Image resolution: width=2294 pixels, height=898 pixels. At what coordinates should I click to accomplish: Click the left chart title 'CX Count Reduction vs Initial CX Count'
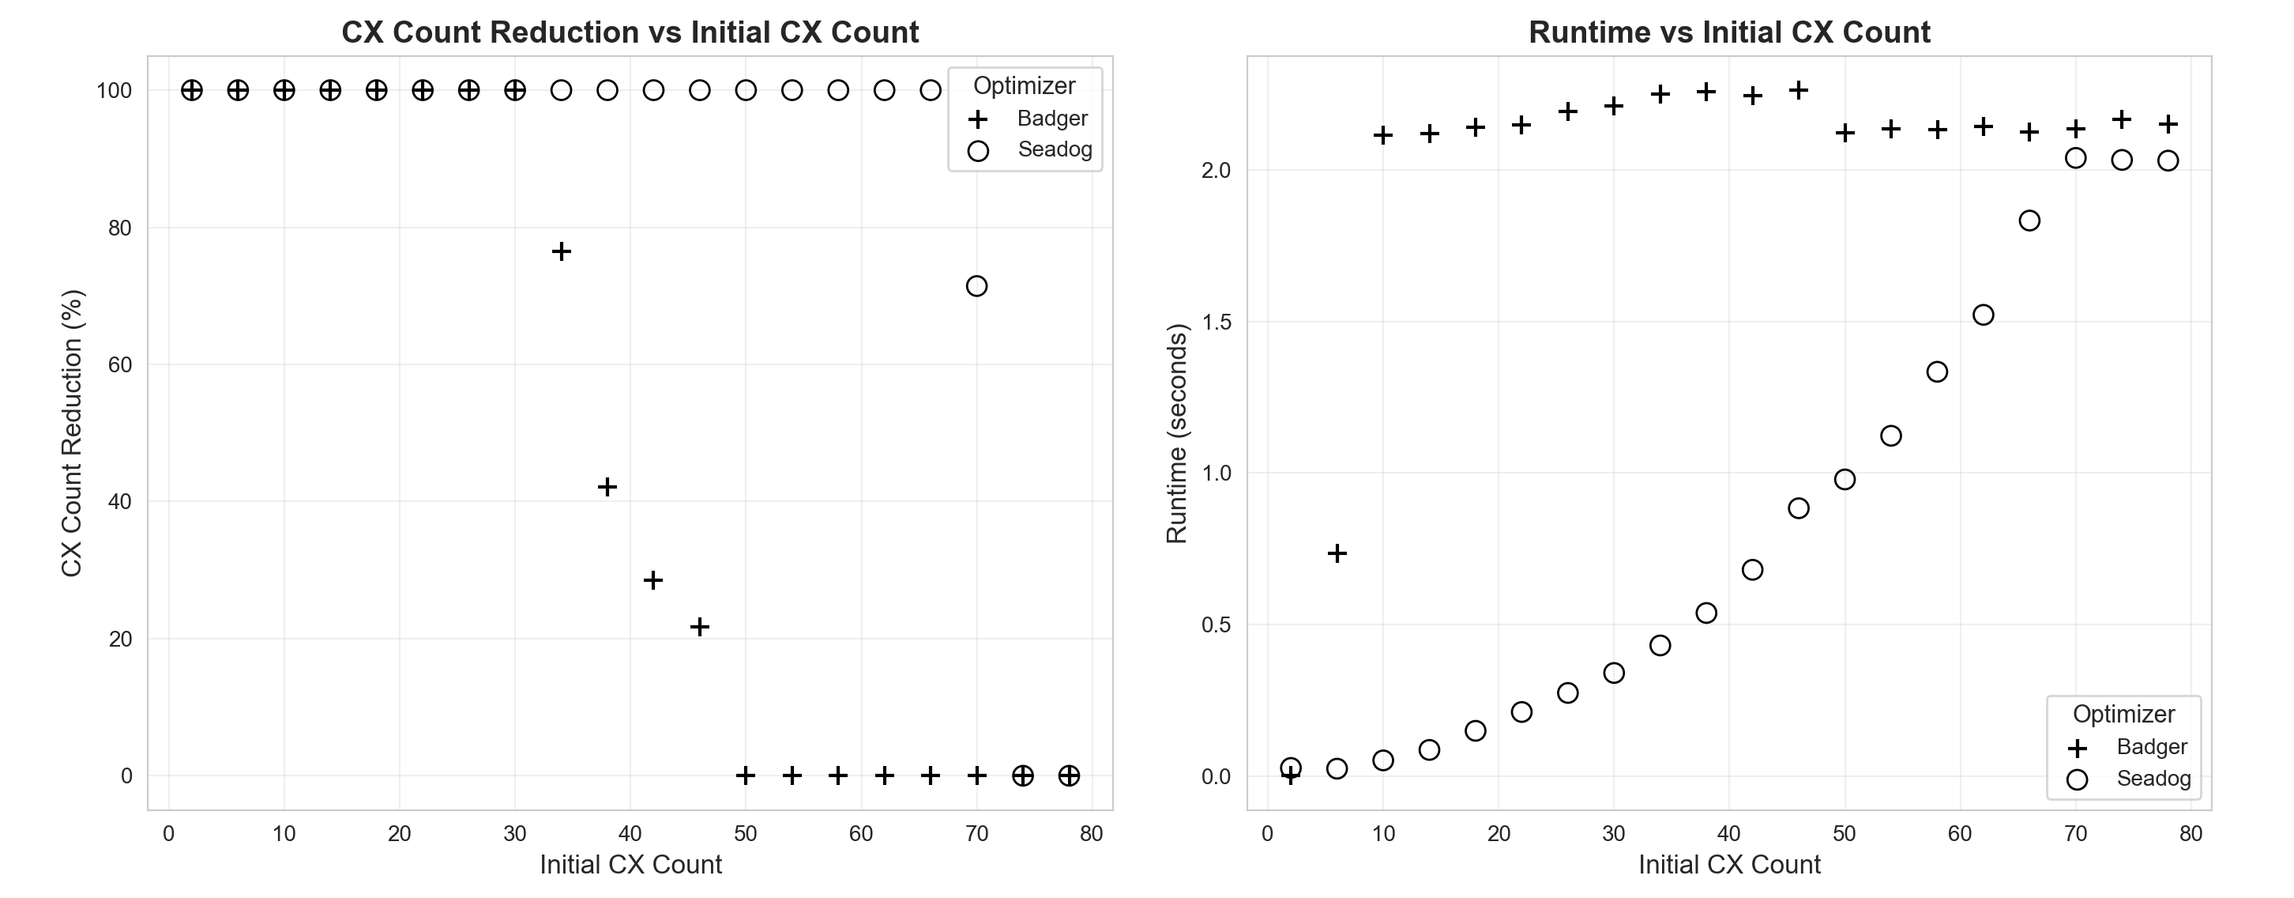point(630,33)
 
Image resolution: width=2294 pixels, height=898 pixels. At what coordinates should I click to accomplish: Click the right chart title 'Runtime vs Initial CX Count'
point(1728,33)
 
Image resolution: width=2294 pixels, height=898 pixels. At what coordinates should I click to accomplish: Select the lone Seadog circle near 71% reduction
point(976,286)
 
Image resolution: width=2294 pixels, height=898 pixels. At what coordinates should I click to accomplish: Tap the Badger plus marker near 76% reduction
point(561,251)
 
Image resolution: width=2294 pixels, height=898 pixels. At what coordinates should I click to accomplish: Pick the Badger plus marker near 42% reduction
point(607,487)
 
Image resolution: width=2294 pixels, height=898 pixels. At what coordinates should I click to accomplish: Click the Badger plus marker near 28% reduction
point(652,581)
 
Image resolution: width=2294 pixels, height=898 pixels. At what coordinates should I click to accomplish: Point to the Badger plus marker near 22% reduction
point(699,627)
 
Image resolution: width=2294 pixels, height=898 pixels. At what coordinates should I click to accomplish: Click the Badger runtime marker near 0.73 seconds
point(1337,554)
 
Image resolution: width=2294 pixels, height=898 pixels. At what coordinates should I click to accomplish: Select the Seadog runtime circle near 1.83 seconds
point(2029,221)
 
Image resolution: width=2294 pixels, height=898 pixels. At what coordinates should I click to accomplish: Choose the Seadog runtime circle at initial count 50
point(1845,480)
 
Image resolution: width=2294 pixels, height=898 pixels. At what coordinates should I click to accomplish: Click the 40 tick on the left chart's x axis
point(630,835)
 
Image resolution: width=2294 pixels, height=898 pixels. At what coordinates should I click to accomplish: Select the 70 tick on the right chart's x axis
point(2075,835)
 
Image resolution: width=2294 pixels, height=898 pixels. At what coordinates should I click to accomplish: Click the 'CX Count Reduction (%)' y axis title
point(72,433)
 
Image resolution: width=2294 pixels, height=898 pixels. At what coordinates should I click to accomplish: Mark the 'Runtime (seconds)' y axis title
point(1176,433)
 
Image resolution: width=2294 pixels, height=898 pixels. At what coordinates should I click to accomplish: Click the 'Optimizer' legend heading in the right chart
point(2123,715)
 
